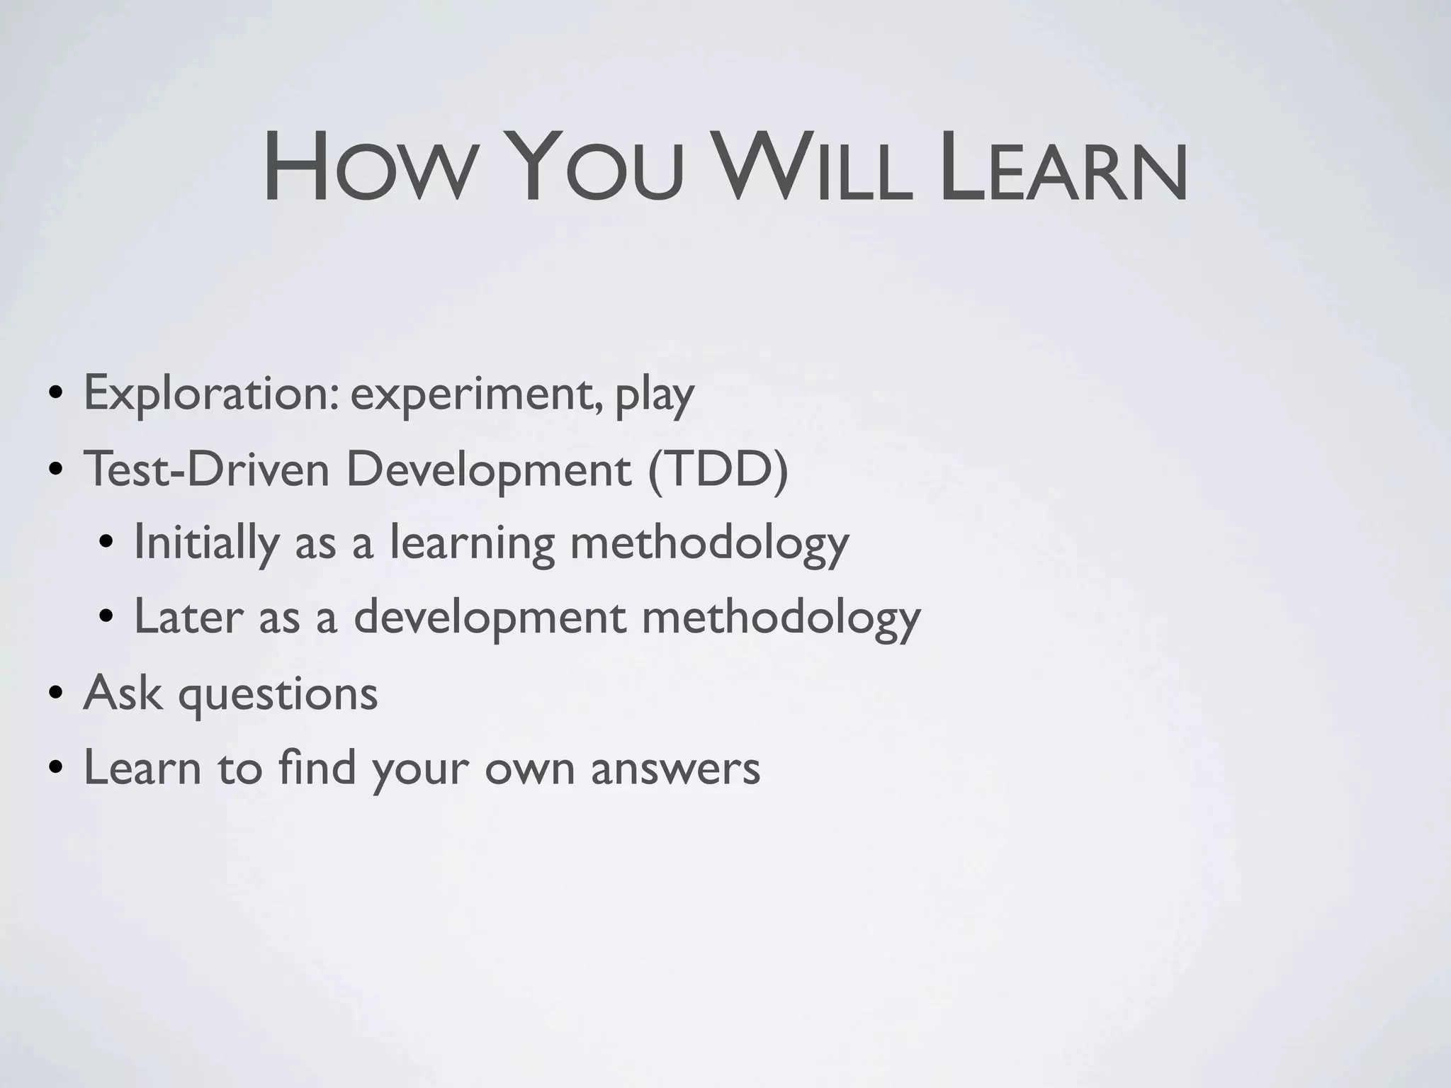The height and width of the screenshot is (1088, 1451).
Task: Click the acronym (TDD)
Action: tap(717, 469)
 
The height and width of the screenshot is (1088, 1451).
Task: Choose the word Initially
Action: tap(206, 544)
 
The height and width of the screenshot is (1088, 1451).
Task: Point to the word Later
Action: tap(188, 616)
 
